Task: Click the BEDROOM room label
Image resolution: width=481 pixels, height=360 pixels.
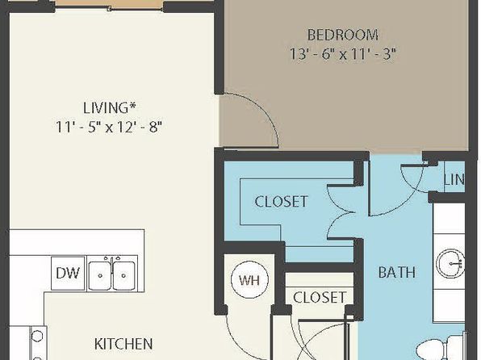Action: click(343, 35)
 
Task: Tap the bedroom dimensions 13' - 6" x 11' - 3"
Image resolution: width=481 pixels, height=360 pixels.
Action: click(343, 54)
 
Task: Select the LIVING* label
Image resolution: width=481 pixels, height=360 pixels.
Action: click(109, 107)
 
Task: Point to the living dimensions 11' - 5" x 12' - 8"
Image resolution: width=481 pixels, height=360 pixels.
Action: click(109, 127)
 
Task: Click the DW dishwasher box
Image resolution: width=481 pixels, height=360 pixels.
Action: click(68, 273)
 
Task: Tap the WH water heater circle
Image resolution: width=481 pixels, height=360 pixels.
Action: click(249, 279)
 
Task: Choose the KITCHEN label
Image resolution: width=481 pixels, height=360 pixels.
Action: click(123, 344)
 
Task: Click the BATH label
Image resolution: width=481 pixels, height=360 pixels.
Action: click(397, 272)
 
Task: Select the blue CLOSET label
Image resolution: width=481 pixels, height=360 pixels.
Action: click(281, 202)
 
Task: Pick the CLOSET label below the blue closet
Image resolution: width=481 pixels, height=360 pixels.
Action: click(320, 297)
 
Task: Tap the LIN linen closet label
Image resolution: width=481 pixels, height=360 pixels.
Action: click(454, 180)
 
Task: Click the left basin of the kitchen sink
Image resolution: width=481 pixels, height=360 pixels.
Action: click(100, 275)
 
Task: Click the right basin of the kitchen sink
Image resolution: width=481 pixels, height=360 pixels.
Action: click(123, 275)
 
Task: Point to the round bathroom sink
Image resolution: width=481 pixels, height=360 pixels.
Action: click(450, 264)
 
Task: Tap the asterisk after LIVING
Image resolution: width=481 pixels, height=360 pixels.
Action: click(132, 105)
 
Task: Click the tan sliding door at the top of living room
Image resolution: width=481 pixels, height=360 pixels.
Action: click(109, 4)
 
